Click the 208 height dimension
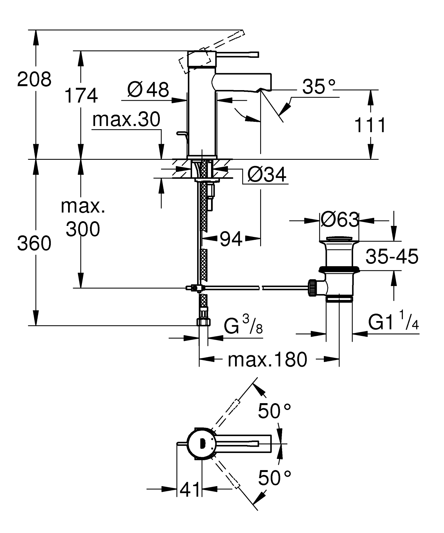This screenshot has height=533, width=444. tap(34, 79)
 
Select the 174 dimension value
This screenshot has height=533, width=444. tap(81, 95)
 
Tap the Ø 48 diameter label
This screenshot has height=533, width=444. tap(148, 89)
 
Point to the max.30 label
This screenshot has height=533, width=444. tap(126, 119)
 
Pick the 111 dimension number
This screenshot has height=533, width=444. tap(370, 125)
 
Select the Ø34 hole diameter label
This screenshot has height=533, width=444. tap(267, 175)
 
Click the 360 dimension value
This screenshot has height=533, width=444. tap(34, 244)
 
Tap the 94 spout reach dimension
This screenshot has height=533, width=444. tap(231, 239)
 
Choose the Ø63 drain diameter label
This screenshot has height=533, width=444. tap(339, 220)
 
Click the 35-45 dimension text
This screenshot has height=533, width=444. tap(392, 256)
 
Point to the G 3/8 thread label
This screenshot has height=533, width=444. tap(243, 325)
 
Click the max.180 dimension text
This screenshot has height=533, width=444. tap(267, 360)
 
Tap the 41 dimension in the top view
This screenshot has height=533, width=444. tap(189, 489)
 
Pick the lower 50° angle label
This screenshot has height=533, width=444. tap(274, 478)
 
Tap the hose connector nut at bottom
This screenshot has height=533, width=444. tap(203, 322)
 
